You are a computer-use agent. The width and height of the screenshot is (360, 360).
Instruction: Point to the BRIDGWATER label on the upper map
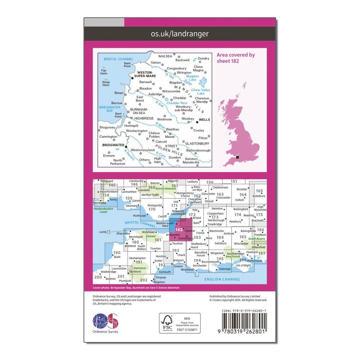[113, 146]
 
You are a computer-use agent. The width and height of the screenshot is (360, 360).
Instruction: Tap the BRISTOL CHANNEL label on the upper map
[118, 59]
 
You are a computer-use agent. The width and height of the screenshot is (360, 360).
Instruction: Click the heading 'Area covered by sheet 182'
[236, 58]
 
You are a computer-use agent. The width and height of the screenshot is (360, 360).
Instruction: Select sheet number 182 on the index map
[179, 229]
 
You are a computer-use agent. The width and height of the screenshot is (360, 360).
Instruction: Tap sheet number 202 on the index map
[144, 280]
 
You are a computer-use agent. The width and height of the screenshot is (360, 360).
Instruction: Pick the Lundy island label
[103, 232]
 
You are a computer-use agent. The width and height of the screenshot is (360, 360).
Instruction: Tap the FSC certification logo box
[180, 324]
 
